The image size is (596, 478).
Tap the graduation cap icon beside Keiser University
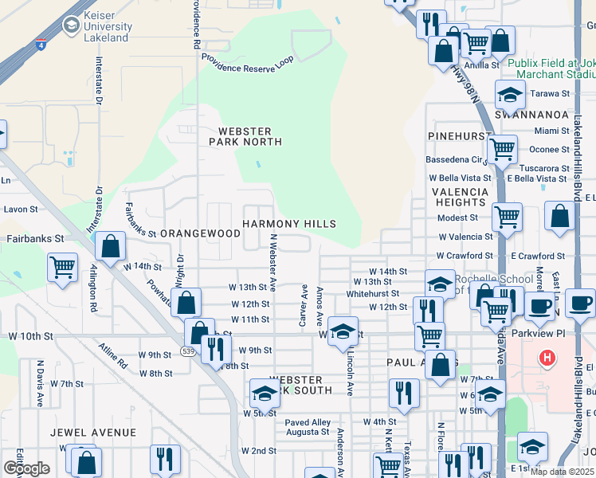(x=71, y=26)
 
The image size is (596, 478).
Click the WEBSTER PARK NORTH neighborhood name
(x=245, y=136)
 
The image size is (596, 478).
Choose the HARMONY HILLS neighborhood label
(x=288, y=224)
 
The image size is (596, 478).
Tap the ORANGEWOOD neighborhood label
(x=200, y=233)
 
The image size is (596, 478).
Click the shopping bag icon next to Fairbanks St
(x=112, y=248)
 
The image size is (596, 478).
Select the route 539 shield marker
(x=185, y=351)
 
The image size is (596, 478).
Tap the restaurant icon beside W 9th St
(x=215, y=348)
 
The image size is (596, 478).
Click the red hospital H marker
(x=547, y=358)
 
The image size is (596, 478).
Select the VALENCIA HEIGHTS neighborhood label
(x=460, y=198)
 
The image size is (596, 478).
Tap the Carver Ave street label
(x=304, y=305)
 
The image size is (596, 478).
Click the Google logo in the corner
(x=25, y=468)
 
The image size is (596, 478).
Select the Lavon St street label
(x=22, y=210)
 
